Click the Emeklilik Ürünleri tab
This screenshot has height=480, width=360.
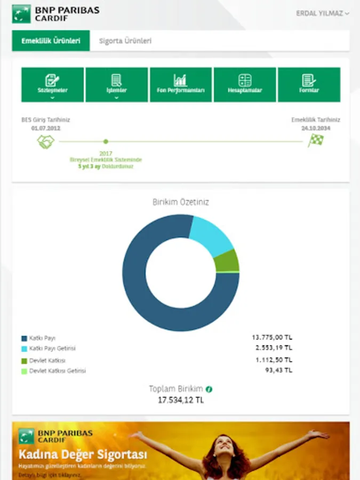pos(51,41)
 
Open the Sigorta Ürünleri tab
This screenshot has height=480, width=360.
pos(125,41)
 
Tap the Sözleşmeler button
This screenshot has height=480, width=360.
pos(52,84)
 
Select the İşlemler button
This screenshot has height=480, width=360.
pos(116,84)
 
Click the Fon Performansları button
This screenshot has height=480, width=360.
pos(180,84)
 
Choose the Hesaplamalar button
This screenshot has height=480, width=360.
pos(245,84)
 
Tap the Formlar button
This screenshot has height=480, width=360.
pos(309,84)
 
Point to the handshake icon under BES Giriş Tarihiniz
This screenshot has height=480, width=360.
pos(46,141)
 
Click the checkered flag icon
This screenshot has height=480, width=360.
pos(316,141)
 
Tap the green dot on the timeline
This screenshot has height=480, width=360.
pos(106,141)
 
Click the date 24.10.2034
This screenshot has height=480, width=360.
pos(316,129)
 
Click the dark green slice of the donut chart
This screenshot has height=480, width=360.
pos(227,261)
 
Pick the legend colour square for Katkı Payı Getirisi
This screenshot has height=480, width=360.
pos(24,348)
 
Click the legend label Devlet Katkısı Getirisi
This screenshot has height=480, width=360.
pos(57,371)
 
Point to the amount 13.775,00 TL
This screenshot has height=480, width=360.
pos(272,338)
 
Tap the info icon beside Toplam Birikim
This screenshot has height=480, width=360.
pos(210,389)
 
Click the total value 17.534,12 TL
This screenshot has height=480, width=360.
pos(181,399)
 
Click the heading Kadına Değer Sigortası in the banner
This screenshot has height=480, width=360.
pos(83,455)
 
